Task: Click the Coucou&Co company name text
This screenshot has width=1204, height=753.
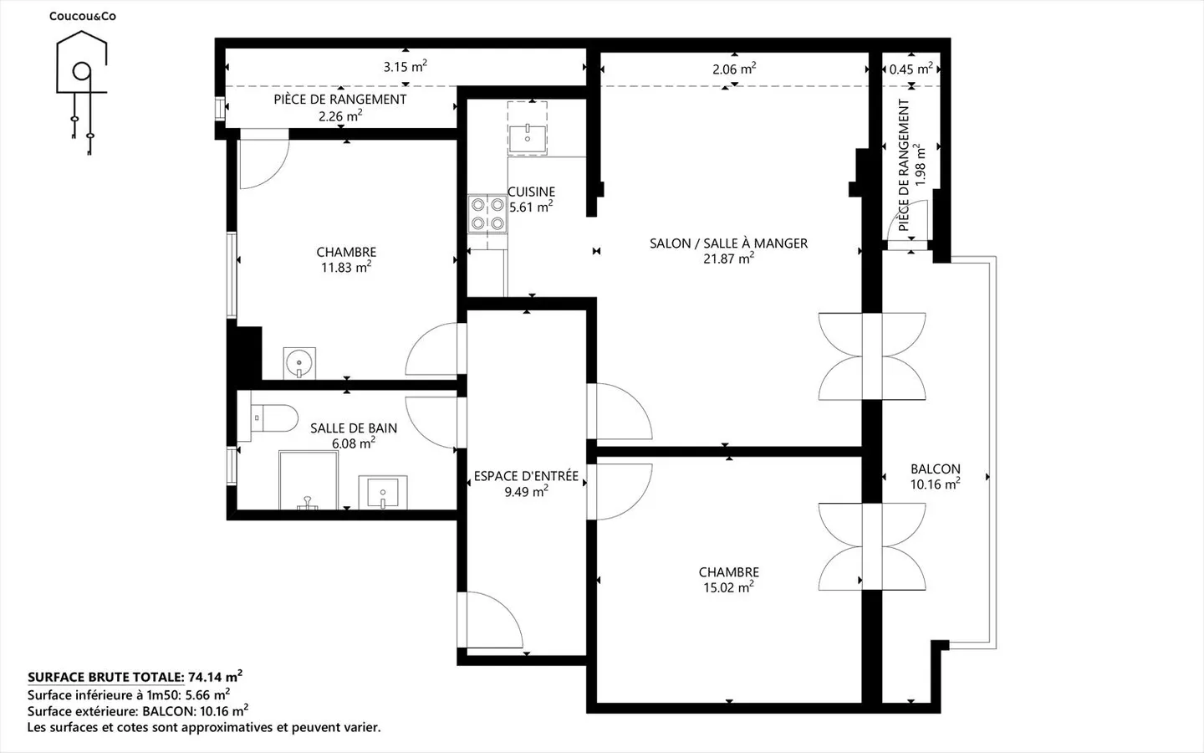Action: click(83, 16)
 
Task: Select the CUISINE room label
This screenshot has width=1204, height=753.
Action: click(531, 192)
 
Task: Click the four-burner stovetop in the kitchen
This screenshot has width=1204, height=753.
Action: click(487, 213)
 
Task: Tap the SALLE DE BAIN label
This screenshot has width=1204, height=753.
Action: click(354, 428)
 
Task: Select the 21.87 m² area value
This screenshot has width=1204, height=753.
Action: click(728, 259)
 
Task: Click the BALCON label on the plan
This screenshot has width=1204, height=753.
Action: click(936, 469)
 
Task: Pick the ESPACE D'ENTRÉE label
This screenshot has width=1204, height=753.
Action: click(526, 476)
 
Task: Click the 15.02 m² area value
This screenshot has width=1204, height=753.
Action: click(728, 587)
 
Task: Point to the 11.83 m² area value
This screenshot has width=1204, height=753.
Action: click(346, 267)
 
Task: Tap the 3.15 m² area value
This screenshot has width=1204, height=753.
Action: click(406, 67)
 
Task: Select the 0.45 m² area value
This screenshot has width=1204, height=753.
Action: click(911, 69)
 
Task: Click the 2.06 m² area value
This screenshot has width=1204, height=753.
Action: click(734, 69)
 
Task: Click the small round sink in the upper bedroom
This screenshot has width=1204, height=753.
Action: click(299, 362)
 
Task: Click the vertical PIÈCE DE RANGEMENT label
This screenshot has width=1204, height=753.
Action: click(904, 165)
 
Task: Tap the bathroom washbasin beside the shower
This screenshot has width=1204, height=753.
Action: click(383, 492)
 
